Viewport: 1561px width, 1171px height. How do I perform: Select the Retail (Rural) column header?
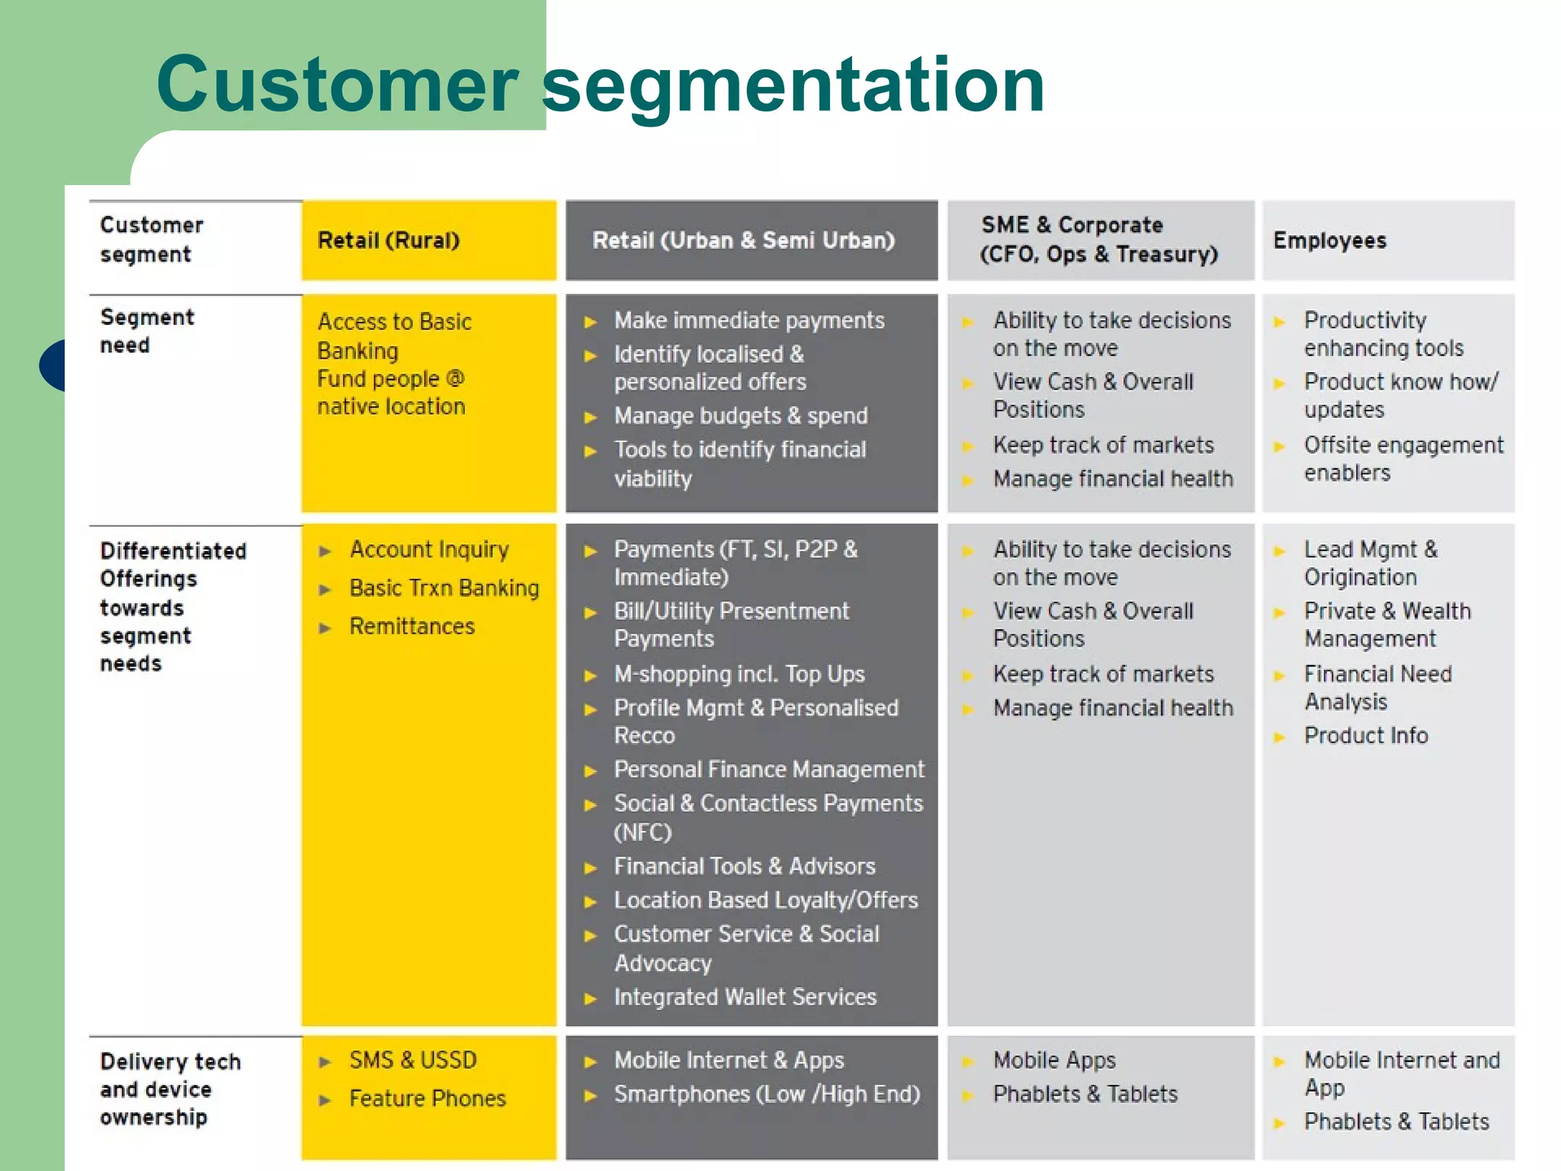coord(389,240)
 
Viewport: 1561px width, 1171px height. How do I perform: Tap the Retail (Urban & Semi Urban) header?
coord(743,240)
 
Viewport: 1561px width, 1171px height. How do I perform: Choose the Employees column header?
coord(1329,240)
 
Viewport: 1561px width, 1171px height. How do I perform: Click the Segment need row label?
coord(146,331)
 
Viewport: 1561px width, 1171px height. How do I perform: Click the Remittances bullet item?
coord(412,627)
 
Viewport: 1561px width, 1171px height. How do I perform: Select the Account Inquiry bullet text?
coord(429,550)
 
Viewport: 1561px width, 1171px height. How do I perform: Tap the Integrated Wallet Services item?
coord(745,997)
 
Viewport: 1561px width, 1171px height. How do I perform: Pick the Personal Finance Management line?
coord(768,770)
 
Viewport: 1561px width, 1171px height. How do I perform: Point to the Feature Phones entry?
coord(427,1099)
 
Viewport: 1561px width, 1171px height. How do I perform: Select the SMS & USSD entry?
coord(412,1060)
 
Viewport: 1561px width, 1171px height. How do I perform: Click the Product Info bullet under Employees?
coord(1365,736)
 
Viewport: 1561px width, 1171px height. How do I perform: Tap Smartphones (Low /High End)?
coord(767,1095)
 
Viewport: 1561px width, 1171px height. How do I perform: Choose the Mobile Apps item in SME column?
coord(1053,1060)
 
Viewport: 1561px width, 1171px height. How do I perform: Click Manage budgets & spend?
coord(740,416)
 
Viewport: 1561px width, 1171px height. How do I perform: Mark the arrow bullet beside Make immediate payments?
coord(590,322)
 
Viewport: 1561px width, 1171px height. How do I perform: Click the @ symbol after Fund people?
coord(455,378)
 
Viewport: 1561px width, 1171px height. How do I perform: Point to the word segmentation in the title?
coord(793,85)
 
